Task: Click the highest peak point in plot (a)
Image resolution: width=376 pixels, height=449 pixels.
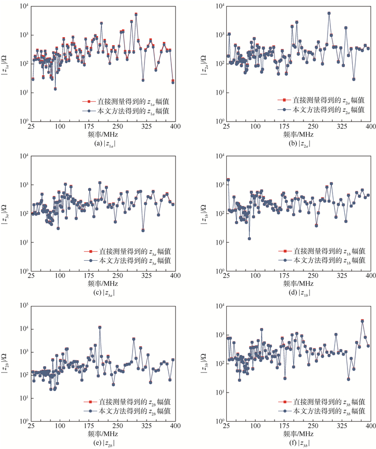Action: click(x=136, y=15)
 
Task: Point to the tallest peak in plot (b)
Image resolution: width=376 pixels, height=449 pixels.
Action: click(x=329, y=13)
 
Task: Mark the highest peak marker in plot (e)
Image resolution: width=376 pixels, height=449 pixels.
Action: click(x=99, y=327)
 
